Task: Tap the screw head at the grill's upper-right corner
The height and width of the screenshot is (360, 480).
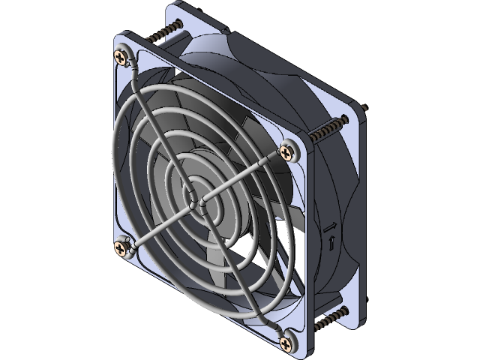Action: (x=288, y=151)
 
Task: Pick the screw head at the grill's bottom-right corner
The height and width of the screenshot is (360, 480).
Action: (x=287, y=343)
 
